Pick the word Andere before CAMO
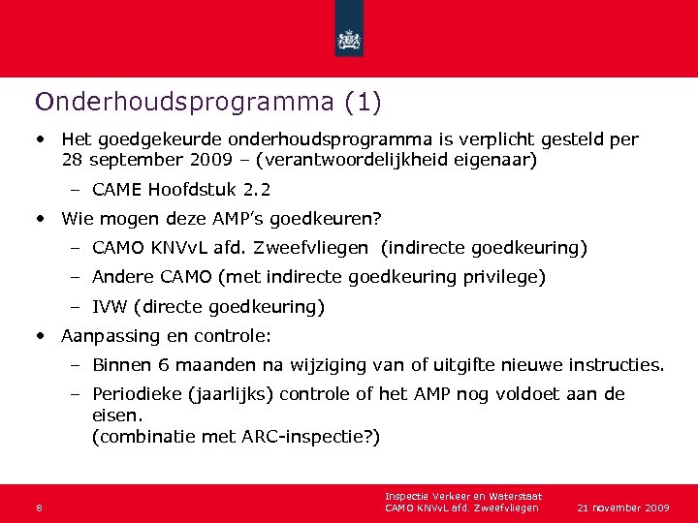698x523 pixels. point(121,278)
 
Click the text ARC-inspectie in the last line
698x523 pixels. point(308,436)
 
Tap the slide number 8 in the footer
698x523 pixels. point(38,508)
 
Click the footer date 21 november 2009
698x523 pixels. point(622,508)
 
